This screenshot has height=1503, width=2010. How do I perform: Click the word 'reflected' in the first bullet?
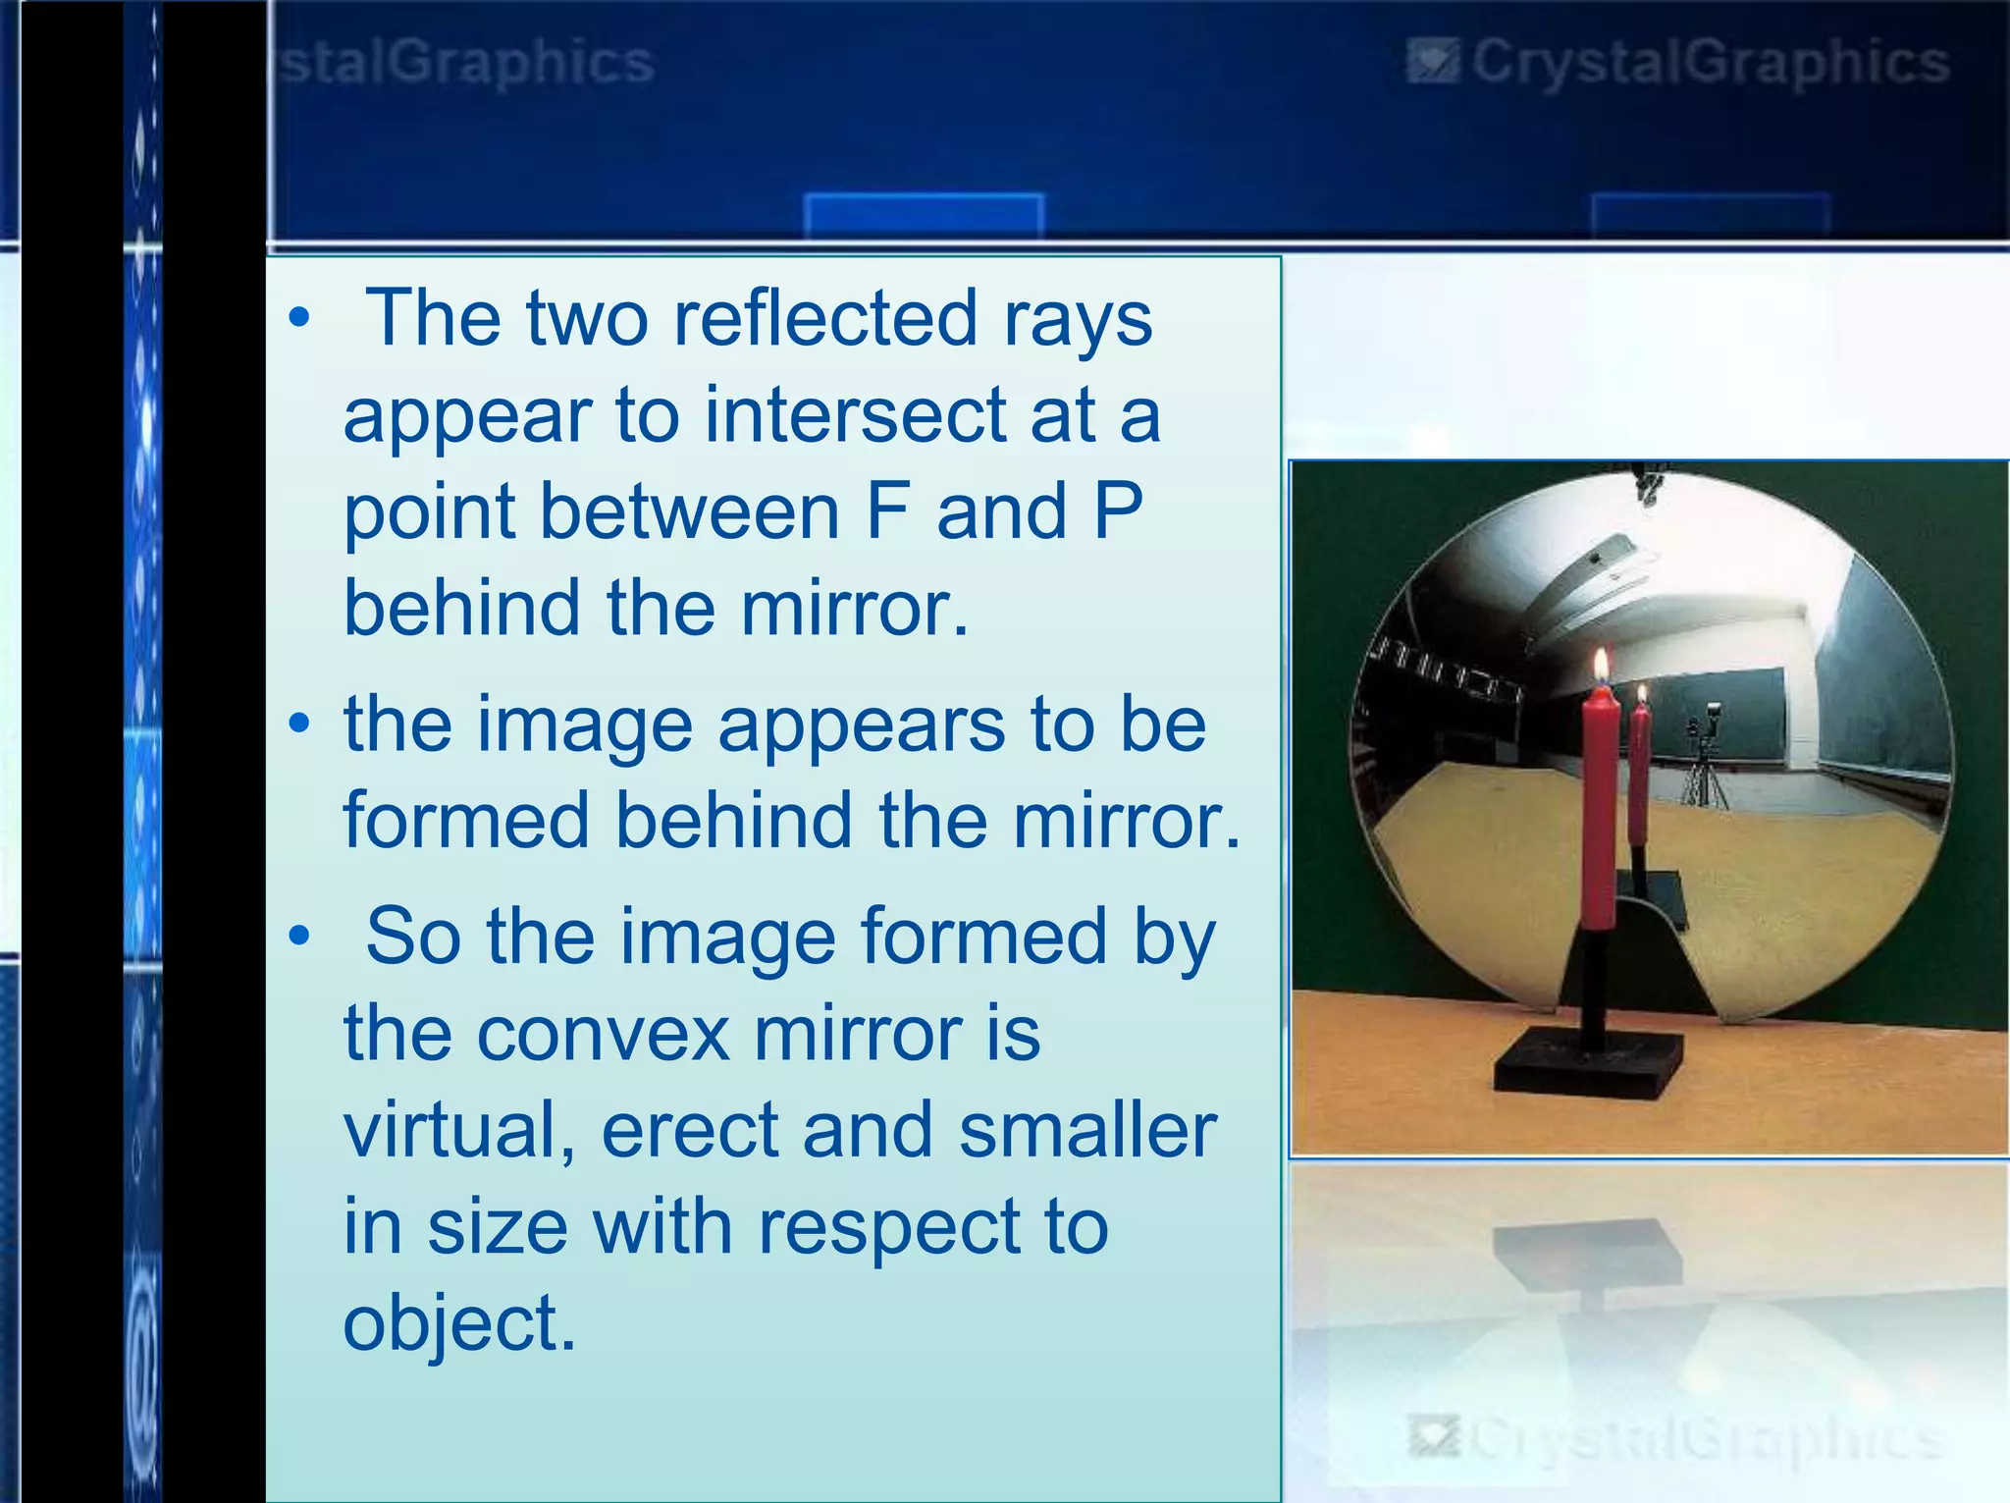pyautogui.click(x=824, y=318)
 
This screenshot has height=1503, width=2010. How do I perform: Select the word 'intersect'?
pyautogui.click(x=854, y=415)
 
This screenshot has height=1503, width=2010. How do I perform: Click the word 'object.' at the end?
pyautogui.click(x=458, y=1324)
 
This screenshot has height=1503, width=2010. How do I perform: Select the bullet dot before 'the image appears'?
pyautogui.click(x=300, y=725)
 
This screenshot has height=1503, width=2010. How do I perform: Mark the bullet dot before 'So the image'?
pyautogui.click(x=300, y=937)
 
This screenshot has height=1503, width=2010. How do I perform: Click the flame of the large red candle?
pyautogui.click(x=1601, y=666)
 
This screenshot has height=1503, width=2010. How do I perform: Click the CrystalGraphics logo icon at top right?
pyautogui.click(x=1432, y=63)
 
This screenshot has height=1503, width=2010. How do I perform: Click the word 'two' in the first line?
pyautogui.click(x=587, y=318)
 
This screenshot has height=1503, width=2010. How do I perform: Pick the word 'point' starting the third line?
pyautogui.click(x=429, y=513)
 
